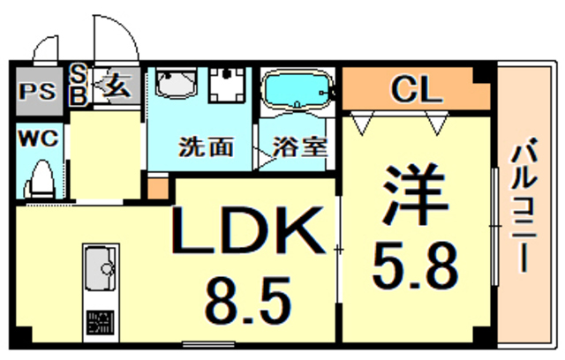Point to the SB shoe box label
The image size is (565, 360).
tap(77, 86)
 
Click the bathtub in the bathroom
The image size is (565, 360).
tap(296, 91)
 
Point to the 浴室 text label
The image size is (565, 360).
tap(298, 146)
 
